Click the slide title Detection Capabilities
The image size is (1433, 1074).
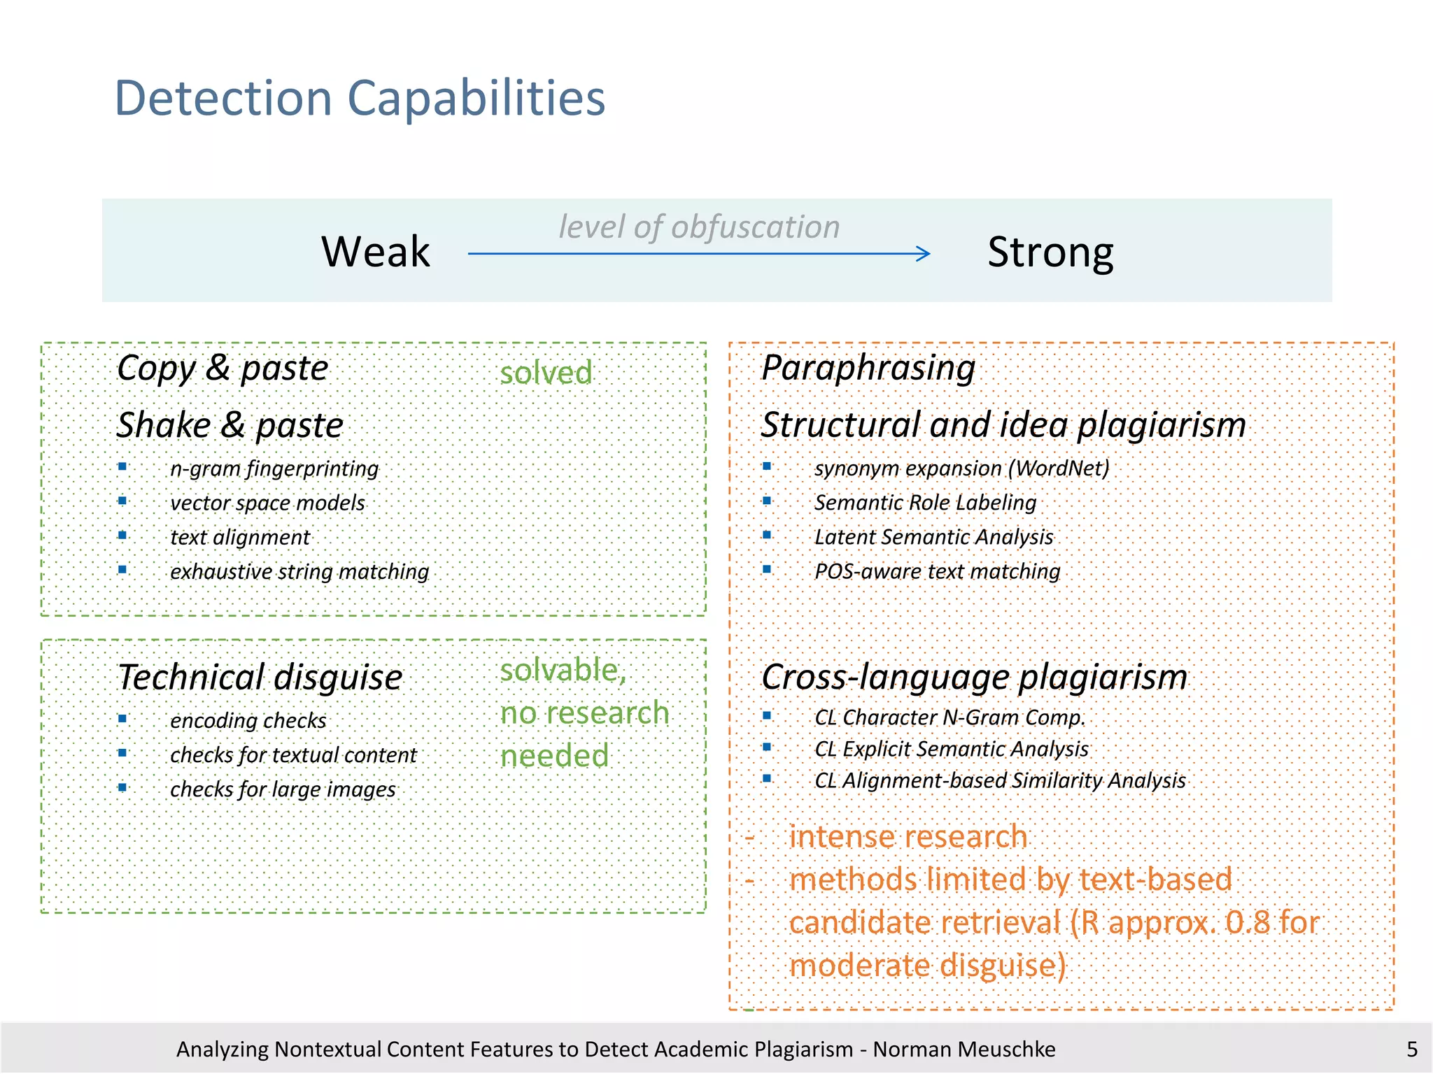(x=359, y=98)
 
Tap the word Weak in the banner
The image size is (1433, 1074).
(x=376, y=252)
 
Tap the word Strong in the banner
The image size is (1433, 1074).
(x=1050, y=252)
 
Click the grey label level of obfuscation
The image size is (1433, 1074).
(x=698, y=227)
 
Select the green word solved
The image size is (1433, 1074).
(x=546, y=373)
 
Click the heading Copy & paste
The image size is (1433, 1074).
(x=223, y=368)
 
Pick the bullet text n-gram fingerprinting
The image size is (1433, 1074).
(x=274, y=468)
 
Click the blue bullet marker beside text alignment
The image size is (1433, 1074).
(x=122, y=536)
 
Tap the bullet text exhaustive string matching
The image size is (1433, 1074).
(x=299, y=571)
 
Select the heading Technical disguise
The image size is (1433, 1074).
(x=260, y=677)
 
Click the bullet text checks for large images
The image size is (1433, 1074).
(x=283, y=789)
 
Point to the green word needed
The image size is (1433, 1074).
(x=554, y=756)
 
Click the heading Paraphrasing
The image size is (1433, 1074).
(x=868, y=368)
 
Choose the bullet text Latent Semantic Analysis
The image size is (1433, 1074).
(x=933, y=536)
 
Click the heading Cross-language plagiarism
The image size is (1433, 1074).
(x=974, y=677)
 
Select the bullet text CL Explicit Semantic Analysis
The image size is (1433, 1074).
(x=952, y=749)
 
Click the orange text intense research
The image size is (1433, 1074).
(x=908, y=837)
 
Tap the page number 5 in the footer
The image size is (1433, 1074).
(x=1411, y=1049)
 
